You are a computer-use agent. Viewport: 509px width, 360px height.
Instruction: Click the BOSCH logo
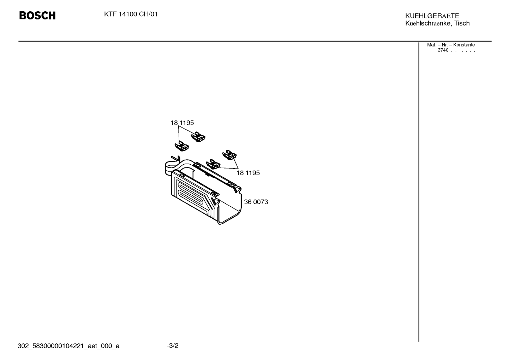click(37, 16)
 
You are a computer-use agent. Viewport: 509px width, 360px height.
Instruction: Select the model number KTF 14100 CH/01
click(131, 14)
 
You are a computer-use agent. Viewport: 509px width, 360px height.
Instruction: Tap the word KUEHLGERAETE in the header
click(432, 16)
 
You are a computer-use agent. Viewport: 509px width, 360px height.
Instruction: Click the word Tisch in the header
click(462, 23)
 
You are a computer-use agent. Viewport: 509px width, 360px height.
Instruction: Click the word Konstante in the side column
click(464, 45)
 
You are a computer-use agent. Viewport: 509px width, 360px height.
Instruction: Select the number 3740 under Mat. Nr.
click(443, 50)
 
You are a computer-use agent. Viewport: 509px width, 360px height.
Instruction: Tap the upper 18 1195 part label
click(182, 123)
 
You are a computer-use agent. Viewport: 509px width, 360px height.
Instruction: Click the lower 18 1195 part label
click(248, 173)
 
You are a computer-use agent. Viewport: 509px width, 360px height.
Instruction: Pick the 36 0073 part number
click(256, 202)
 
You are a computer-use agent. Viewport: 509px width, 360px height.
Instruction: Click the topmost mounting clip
click(198, 137)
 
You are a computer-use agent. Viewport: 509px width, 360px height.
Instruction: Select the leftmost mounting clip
click(182, 146)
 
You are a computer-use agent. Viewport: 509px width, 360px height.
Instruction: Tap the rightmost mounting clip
click(229, 155)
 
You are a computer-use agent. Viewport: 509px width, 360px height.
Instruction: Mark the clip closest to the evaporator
click(213, 164)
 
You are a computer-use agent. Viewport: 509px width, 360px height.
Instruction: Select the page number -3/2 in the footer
click(173, 346)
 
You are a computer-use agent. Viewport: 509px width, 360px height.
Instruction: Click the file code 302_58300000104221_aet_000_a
click(68, 346)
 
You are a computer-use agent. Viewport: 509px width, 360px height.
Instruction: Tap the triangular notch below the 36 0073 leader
click(214, 201)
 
